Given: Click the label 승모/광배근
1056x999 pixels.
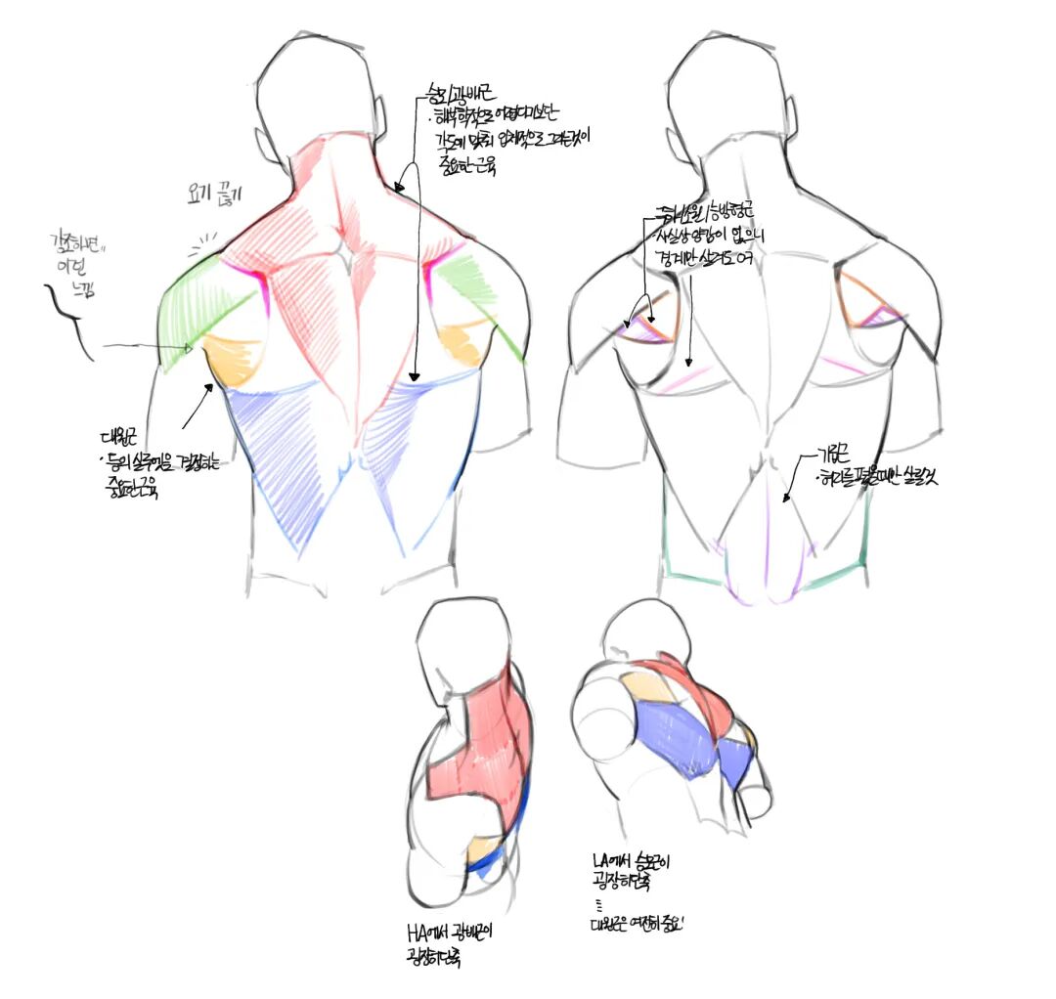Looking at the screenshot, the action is [459, 95].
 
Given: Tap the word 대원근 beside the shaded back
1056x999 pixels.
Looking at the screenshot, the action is [121, 437].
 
